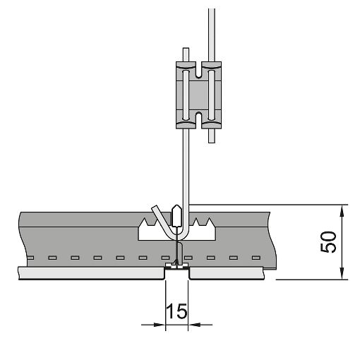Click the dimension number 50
328,242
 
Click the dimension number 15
176,311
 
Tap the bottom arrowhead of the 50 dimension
342,274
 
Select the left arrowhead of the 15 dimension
160,325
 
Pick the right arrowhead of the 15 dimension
194,325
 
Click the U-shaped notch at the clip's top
199,70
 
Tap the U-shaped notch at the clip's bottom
199,120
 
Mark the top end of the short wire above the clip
186,49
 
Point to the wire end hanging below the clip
212,142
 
